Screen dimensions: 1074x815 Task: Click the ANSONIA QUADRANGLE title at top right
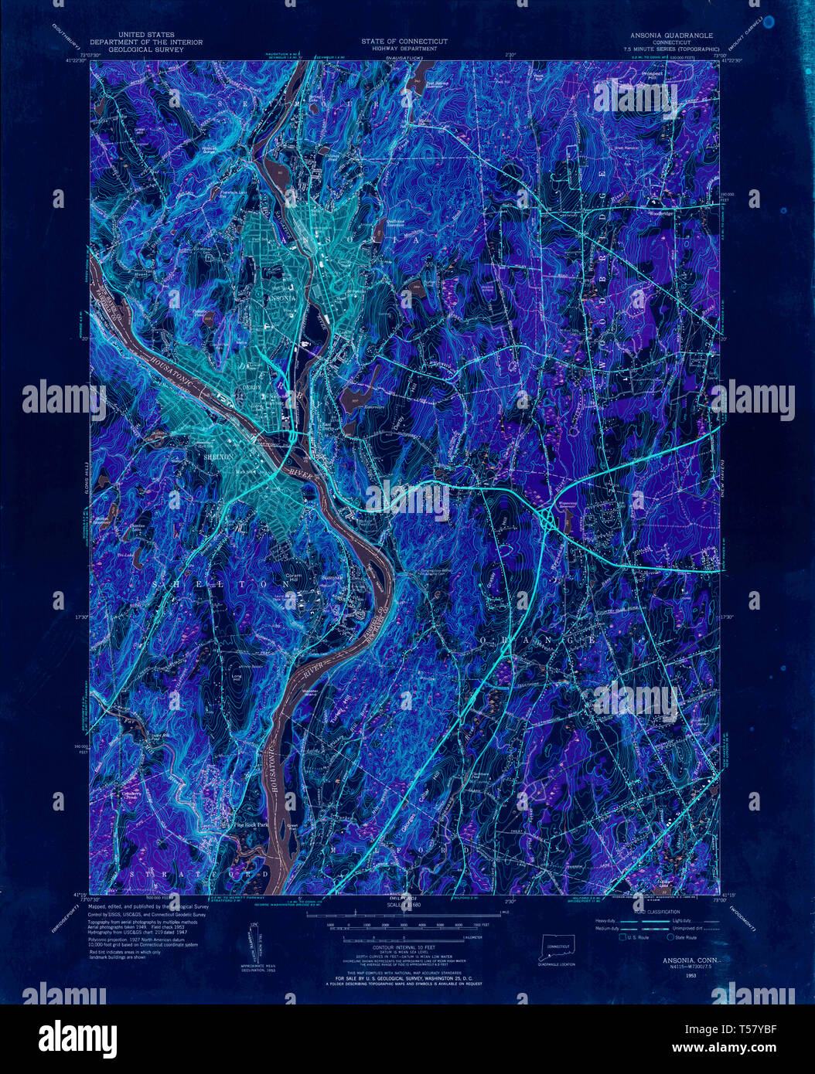671,36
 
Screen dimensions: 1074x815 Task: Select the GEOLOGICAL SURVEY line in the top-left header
145,49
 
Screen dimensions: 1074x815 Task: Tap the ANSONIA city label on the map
281,297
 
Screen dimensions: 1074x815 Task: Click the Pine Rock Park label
251,825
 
